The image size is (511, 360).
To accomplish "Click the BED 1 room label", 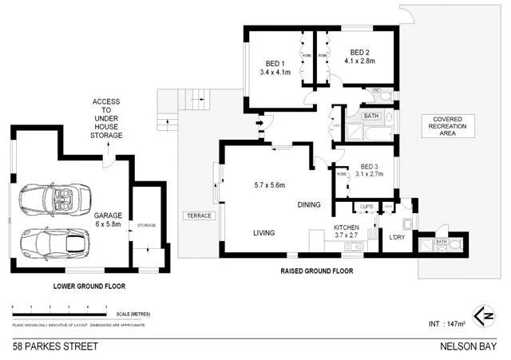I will pyautogui.click(x=275, y=63).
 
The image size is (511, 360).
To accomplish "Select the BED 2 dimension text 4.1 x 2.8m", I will pyautogui.click(x=356, y=61).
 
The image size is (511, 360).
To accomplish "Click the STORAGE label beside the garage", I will pyautogui.click(x=148, y=225).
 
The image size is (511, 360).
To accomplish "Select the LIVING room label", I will pyautogui.click(x=264, y=233).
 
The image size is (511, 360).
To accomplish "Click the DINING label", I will pyautogui.click(x=309, y=205).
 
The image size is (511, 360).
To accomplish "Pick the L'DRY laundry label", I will pyautogui.click(x=397, y=238).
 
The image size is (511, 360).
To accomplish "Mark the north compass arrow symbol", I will pyautogui.click(x=481, y=314).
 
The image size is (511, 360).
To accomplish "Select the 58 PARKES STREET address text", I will pyautogui.click(x=55, y=346).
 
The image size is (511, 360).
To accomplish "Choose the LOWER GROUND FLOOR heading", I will pyautogui.click(x=89, y=285).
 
